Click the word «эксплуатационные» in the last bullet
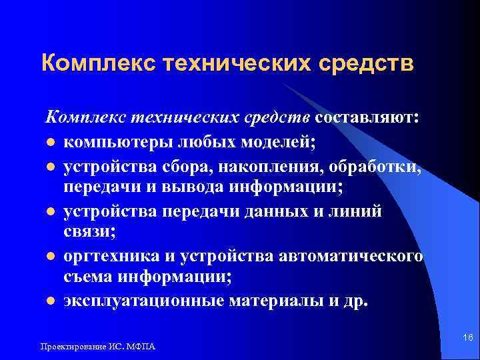tap(143, 301)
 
